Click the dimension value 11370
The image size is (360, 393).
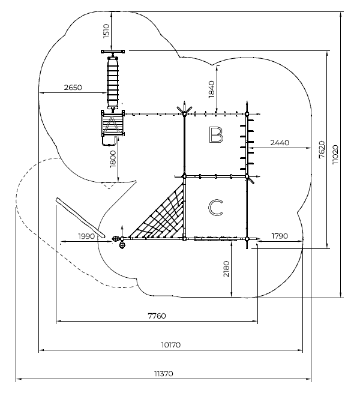163,373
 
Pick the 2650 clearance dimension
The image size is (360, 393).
73,88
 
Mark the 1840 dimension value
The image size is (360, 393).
211,89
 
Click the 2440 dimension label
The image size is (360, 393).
280,143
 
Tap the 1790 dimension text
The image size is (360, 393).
280,236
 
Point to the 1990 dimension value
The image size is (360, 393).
87,236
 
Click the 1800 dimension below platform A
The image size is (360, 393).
112,158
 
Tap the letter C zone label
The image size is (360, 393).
215,208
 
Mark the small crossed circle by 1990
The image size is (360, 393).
115,238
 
